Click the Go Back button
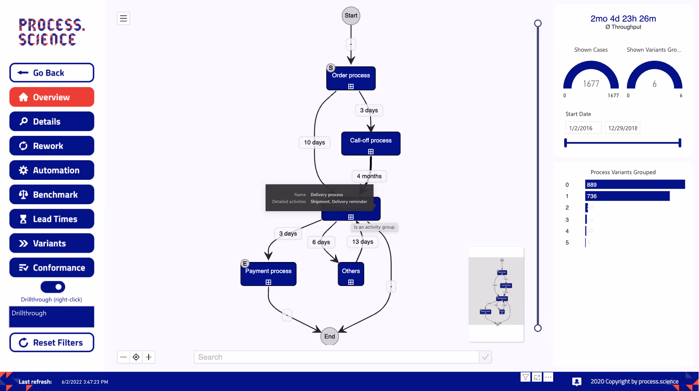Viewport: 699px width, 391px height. [x=52, y=73]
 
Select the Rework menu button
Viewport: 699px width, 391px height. [x=52, y=146]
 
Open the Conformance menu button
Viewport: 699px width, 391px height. [x=52, y=268]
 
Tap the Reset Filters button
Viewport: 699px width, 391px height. [x=52, y=343]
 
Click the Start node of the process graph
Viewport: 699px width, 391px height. [x=351, y=16]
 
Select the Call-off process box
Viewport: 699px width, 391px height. [x=371, y=143]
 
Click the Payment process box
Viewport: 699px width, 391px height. [x=268, y=274]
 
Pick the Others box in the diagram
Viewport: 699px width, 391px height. [x=351, y=274]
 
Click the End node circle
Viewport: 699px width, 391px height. [x=330, y=336]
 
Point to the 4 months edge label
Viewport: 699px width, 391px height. [x=369, y=176]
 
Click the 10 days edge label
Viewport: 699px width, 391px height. [x=314, y=142]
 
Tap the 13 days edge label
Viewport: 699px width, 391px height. [x=363, y=242]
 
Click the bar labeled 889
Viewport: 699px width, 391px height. [x=635, y=185]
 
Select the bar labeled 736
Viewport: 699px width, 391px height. [x=627, y=196]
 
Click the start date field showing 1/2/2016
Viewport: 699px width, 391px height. [x=583, y=128]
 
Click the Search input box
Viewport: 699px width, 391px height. [x=336, y=357]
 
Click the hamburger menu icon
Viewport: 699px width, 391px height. [x=123, y=18]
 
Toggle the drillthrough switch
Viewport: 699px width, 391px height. [x=53, y=287]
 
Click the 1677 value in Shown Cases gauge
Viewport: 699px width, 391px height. [x=591, y=84]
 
